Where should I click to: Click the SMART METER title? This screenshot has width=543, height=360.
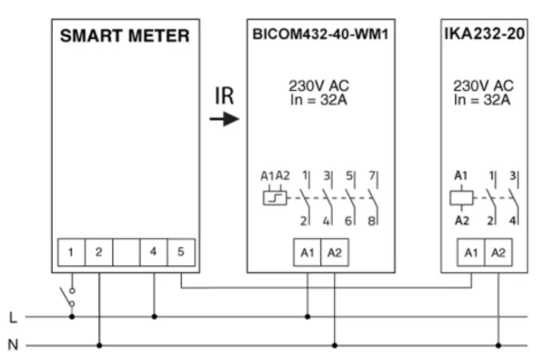[x=125, y=36]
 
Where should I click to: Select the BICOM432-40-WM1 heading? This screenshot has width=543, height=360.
[x=320, y=35]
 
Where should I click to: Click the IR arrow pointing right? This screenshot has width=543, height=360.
[x=225, y=119]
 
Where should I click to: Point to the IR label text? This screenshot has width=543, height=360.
[x=224, y=97]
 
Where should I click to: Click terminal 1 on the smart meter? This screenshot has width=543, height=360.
[x=71, y=252]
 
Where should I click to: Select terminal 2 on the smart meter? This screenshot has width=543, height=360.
[x=99, y=252]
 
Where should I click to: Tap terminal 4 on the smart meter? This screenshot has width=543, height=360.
[x=153, y=252]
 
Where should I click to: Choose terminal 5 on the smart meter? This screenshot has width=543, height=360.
[x=181, y=252]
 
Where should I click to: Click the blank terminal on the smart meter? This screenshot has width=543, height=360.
[x=126, y=252]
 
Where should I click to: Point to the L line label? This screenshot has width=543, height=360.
[x=13, y=317]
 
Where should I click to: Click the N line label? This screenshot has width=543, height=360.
[x=13, y=345]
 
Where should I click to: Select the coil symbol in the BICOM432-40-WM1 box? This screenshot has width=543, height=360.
[x=275, y=199]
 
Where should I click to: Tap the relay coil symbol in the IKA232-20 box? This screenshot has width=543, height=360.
[x=461, y=199]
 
